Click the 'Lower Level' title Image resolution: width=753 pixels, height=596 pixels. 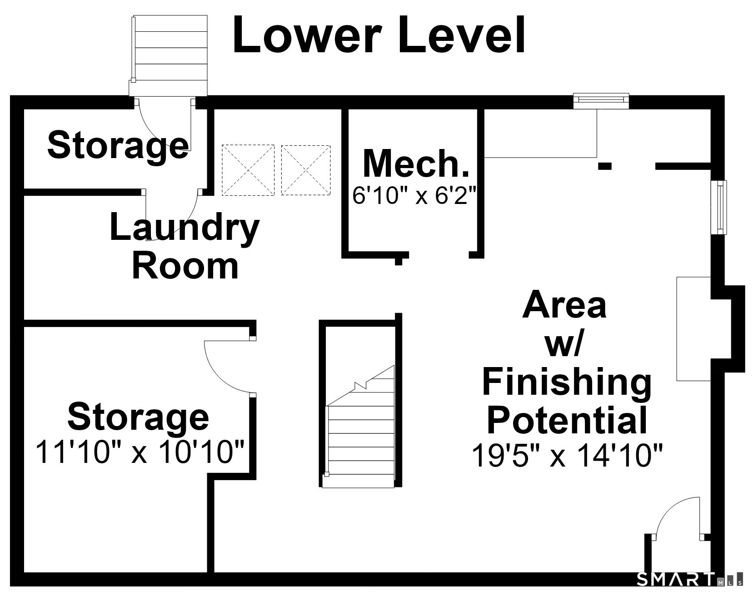[379, 35]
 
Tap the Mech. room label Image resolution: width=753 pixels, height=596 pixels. [416, 164]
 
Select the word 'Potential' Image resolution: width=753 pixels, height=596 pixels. [567, 420]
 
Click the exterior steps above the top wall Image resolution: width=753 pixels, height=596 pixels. [169, 55]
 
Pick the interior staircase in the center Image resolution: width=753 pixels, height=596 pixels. [360, 427]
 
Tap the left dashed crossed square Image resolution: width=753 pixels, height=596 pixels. [248, 170]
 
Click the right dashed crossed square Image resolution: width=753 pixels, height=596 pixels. [306, 170]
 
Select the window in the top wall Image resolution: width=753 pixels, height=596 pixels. [601, 101]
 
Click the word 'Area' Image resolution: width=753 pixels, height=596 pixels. [564, 306]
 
